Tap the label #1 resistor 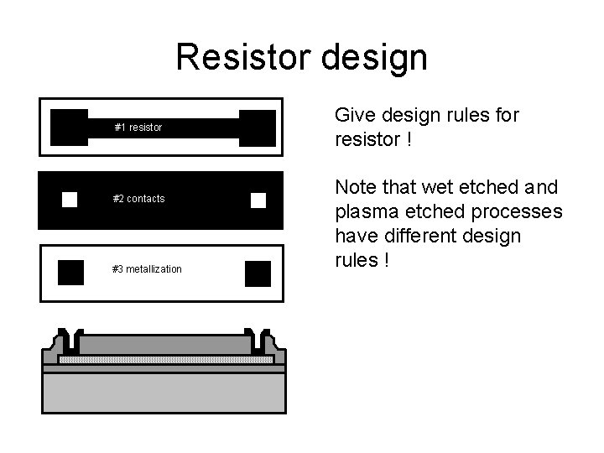pyautogui.click(x=138, y=128)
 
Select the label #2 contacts pyautogui.click(x=138, y=199)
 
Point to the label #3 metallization pyautogui.click(x=147, y=269)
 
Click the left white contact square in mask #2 pyautogui.click(x=70, y=199)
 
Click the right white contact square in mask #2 pyautogui.click(x=258, y=200)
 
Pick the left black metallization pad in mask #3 pyautogui.click(x=70, y=273)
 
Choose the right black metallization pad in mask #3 pyautogui.click(x=258, y=273)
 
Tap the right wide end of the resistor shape pyautogui.click(x=257, y=127)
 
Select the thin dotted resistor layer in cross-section pyautogui.click(x=165, y=359)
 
